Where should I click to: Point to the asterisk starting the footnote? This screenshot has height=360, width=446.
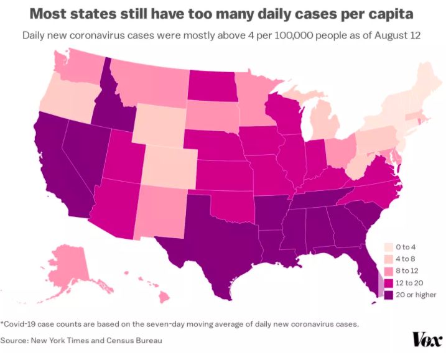[x=2, y=322]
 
